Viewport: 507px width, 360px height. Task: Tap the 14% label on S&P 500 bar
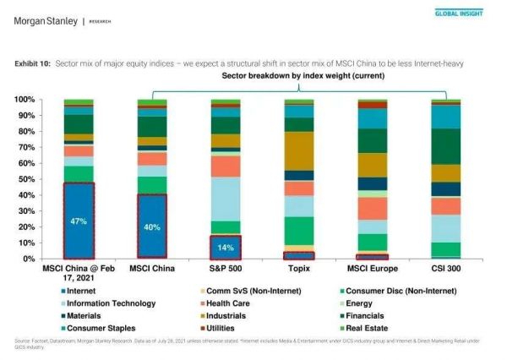coord(225,248)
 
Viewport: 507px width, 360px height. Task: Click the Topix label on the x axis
coord(298,270)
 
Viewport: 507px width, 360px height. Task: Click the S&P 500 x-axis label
coord(225,270)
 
